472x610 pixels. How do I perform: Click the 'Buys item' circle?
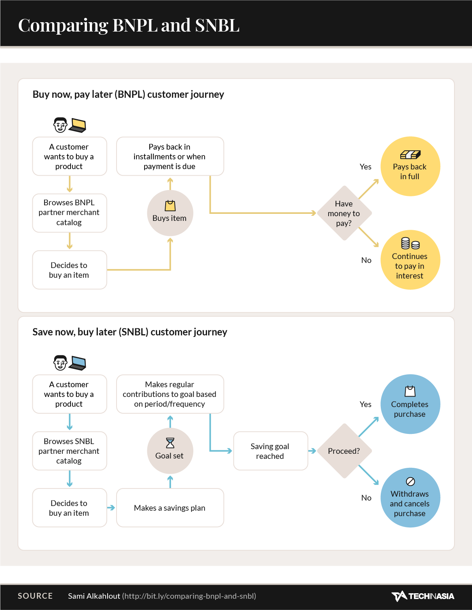[x=170, y=213]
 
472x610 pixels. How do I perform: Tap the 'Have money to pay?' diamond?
[x=344, y=213]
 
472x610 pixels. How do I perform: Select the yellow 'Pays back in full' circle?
[x=410, y=166]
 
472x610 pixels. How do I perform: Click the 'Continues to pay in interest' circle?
[x=410, y=260]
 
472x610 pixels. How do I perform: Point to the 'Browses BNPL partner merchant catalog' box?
[x=69, y=213]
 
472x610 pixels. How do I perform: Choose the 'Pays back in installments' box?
[x=170, y=156]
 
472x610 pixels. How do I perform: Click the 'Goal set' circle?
[x=170, y=451]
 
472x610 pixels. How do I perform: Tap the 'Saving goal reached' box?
[x=270, y=451]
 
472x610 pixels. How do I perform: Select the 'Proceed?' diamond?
[x=344, y=451]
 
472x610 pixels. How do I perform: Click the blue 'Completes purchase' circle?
[x=410, y=404]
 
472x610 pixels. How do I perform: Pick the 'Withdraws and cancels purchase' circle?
[x=410, y=497]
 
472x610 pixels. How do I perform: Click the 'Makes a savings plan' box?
[x=170, y=508]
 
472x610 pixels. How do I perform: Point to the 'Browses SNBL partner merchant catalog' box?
[x=69, y=451]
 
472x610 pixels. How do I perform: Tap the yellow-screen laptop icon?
[x=78, y=125]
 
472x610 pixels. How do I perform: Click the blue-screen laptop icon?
[x=78, y=363]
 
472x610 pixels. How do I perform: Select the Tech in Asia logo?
[x=423, y=596]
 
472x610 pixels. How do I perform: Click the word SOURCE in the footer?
[x=35, y=596]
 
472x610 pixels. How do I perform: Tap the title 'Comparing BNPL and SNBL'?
[x=129, y=25]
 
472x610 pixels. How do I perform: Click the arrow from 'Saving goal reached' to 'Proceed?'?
[x=312, y=451]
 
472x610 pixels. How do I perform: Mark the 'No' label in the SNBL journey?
[x=366, y=498]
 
